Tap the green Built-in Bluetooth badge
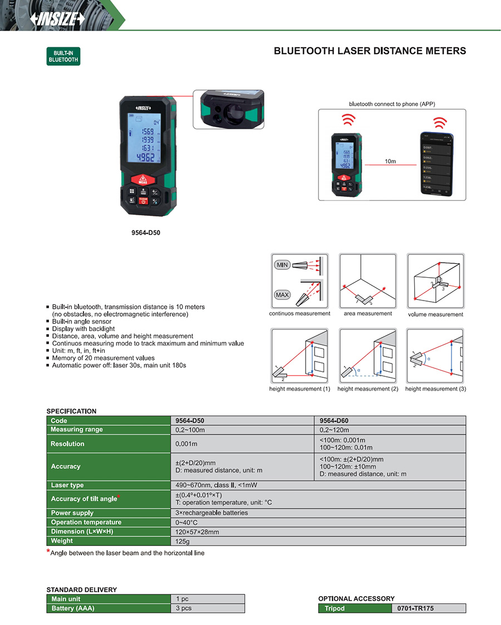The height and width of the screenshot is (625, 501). click(x=63, y=56)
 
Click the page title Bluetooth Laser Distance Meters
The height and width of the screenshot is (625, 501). click(x=370, y=51)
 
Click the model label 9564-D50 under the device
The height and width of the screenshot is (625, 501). click(x=145, y=233)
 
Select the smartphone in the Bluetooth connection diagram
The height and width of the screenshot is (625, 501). click(x=435, y=164)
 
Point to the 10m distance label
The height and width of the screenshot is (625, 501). click(x=390, y=161)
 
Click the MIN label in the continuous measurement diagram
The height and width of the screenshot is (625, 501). click(x=283, y=265)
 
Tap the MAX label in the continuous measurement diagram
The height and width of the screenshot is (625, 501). click(x=283, y=294)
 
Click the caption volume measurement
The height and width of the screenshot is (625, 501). click(x=435, y=314)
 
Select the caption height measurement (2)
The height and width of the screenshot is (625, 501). click(x=367, y=389)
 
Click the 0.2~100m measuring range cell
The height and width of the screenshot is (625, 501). click(x=190, y=430)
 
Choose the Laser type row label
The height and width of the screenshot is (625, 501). click(x=67, y=485)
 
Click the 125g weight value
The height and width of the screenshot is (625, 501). click(x=183, y=541)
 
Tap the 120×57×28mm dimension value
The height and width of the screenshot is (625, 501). click(x=197, y=532)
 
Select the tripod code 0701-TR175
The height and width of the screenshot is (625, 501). click(x=415, y=609)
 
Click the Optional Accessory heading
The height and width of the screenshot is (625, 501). click(x=356, y=599)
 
